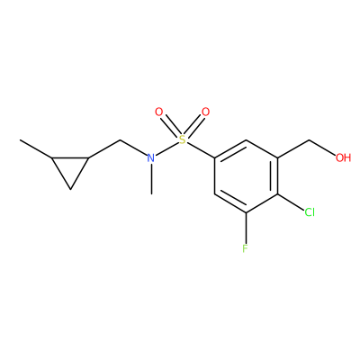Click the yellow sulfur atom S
coord(182,139)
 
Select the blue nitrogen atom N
coord(151,157)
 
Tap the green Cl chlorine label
coord(310,212)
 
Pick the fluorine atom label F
coord(246,248)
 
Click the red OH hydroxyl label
coord(344,157)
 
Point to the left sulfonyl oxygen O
coord(158,112)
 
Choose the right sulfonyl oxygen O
coord(205,112)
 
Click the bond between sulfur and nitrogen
coord(166,148)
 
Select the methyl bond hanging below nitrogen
coord(152,179)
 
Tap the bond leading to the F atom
coord(246,228)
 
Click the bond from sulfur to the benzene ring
coord(201,150)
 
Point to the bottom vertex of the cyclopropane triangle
coord(70,189)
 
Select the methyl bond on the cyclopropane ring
coord(36,148)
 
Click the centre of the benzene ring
coord(246,176)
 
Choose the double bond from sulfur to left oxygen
coord(170,126)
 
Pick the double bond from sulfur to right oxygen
coord(194,126)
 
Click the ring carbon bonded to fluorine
coord(246,212)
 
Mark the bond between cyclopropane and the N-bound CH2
coord(104,148)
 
